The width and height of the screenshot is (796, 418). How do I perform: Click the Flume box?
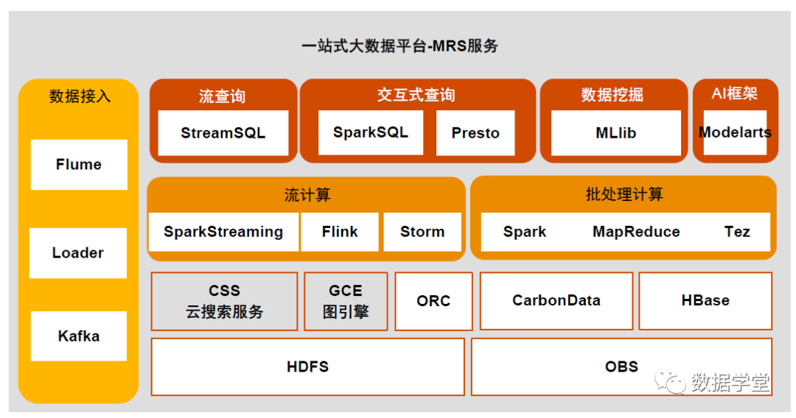79,165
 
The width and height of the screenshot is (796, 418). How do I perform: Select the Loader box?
78,253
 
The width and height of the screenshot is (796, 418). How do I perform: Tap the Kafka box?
79,336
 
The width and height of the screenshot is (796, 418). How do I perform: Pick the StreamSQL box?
223,133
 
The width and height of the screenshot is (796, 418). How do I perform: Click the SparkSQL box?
370,132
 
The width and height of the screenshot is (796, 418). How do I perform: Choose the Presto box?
475,133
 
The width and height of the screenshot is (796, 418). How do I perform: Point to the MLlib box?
615,133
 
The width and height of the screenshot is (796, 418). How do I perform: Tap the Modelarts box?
735,132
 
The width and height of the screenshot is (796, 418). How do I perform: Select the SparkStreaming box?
223,232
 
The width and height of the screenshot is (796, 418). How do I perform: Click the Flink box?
340,232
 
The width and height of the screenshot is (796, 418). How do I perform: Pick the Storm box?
422,232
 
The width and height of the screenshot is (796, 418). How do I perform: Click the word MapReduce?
636,232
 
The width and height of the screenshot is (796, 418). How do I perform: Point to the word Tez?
737,232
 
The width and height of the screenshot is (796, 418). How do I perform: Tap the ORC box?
433,301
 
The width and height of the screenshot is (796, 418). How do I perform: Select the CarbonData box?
556,300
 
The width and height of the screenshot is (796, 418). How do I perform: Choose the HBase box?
705,300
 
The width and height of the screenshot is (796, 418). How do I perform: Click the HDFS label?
308,366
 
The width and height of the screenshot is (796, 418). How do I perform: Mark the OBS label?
621,366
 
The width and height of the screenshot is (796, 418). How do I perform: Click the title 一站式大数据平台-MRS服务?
399,46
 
